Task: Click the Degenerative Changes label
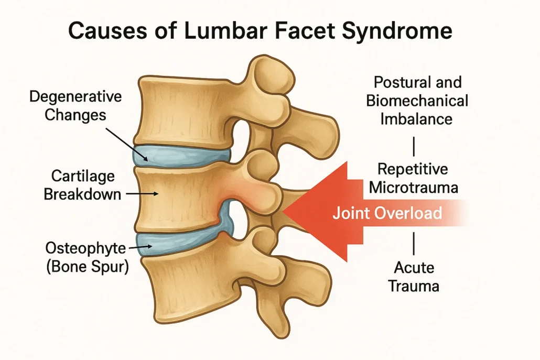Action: coord(75,106)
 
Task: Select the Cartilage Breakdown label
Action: coord(83,185)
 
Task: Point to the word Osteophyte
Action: coord(86,248)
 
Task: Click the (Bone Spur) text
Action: coord(88,267)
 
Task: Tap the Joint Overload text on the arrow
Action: coord(387,213)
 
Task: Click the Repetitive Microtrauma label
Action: coord(413,178)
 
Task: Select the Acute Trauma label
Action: coord(414,277)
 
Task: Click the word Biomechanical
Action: coord(417,101)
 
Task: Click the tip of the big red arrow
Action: coord(283,211)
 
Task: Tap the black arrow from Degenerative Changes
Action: coord(127,145)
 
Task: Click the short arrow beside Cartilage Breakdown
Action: coord(142,194)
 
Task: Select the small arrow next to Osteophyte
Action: coord(140,247)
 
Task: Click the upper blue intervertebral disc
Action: coord(181,156)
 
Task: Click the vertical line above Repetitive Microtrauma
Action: coord(414,146)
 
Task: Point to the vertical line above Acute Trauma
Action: coord(414,243)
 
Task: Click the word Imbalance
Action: coord(416,119)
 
